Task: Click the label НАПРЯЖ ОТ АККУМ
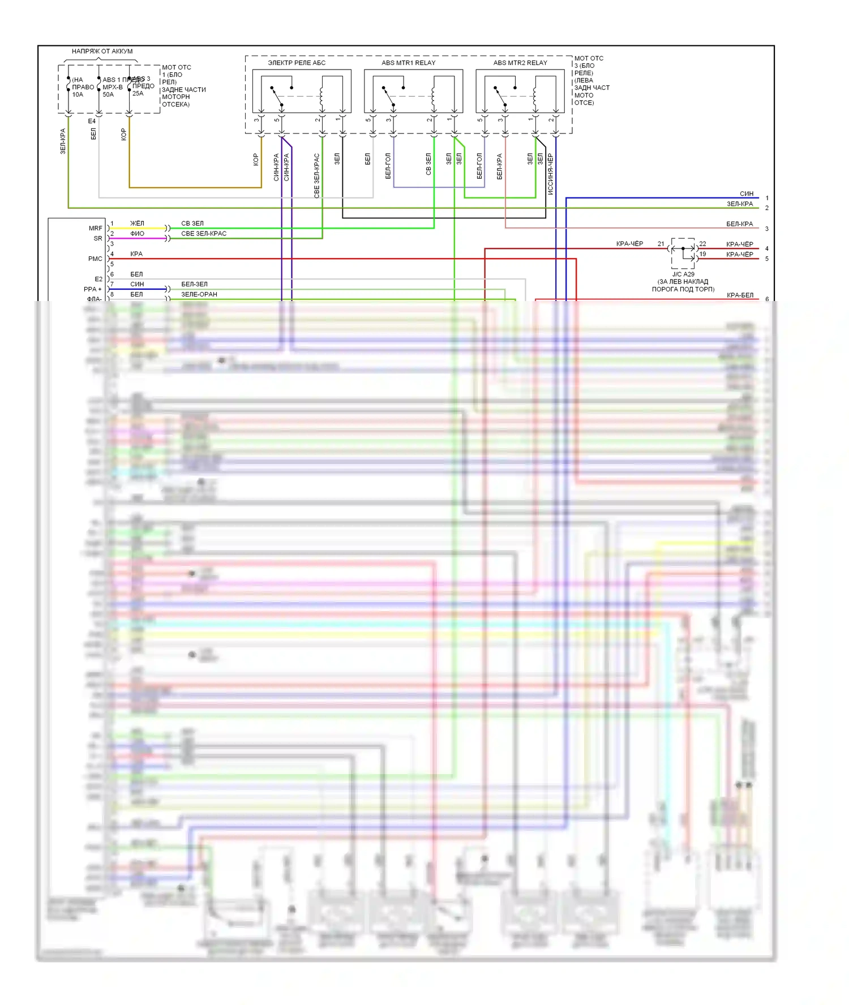tap(102, 51)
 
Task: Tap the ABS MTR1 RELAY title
tap(408, 63)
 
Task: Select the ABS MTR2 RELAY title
tap(520, 63)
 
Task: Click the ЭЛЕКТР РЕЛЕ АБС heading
tap(297, 63)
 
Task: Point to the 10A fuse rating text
tap(78, 95)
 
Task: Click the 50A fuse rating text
tap(108, 95)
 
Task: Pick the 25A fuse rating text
tap(138, 93)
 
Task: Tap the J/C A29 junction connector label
tap(683, 274)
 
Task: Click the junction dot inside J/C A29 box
tap(683, 248)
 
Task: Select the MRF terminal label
tap(96, 228)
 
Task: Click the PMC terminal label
tap(95, 259)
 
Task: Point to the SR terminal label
tap(98, 238)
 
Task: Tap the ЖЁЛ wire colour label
tap(137, 224)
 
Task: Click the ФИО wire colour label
tap(137, 234)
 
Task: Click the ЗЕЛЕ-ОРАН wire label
tap(199, 294)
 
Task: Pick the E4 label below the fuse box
tap(92, 121)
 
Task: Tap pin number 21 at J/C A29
tap(661, 244)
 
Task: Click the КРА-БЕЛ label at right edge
tap(740, 295)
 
